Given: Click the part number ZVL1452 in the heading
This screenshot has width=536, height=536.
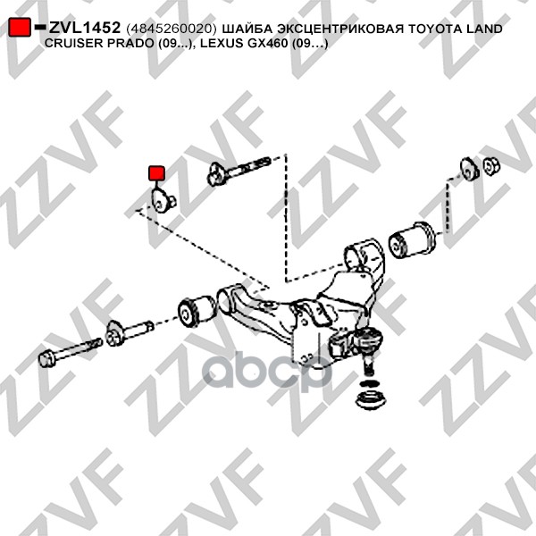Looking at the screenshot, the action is [x=84, y=29].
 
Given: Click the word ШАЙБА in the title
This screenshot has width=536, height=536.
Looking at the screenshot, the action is [x=247, y=29].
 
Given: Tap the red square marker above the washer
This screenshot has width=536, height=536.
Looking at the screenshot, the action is [x=156, y=172].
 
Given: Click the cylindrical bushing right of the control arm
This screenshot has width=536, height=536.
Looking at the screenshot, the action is [x=412, y=239].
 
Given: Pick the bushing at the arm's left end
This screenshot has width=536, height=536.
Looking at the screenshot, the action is [x=196, y=310].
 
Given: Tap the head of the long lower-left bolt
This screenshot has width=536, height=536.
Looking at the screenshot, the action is [x=50, y=359].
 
